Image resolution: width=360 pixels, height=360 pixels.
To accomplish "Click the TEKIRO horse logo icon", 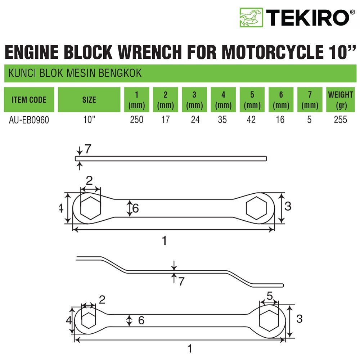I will click(251, 18).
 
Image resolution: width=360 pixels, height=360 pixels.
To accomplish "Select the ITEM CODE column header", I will click(29, 100).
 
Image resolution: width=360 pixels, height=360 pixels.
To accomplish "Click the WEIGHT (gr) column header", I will click(340, 100).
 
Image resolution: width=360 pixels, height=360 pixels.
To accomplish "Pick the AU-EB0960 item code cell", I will click(29, 120).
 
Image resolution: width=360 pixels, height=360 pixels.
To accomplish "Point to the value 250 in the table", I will click(136, 120).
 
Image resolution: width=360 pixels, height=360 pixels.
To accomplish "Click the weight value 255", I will click(340, 120).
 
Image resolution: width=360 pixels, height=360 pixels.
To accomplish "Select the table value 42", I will click(252, 120).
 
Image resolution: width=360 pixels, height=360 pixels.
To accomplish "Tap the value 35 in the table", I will click(223, 120).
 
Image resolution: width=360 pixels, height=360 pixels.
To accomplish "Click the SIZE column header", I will click(89, 100).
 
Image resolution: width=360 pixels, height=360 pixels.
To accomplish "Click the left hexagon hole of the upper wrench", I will click(90, 208).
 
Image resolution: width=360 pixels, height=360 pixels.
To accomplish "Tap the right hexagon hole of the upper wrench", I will click(256, 208).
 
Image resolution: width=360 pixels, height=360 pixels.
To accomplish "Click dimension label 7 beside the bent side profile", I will click(181, 281).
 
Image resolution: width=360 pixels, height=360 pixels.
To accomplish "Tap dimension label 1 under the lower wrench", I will click(190, 348).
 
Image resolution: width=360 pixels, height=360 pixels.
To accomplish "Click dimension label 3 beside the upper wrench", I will click(288, 206).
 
